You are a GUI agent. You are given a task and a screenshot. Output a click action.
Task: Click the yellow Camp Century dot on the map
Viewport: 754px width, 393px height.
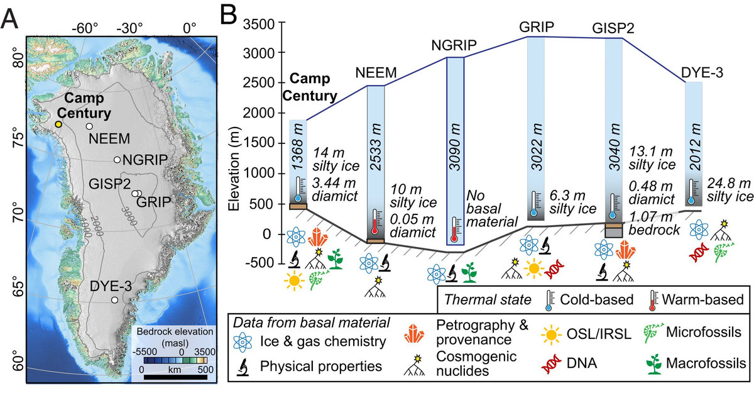58,125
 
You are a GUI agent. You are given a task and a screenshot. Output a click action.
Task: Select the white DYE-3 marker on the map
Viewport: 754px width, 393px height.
114,301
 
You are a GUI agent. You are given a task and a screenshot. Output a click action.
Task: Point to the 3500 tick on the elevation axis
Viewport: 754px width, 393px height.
260,24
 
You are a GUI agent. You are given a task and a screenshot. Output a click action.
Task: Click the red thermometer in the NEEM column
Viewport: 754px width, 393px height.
376,223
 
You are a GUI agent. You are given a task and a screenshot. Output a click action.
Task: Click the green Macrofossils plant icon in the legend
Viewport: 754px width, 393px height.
654,363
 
